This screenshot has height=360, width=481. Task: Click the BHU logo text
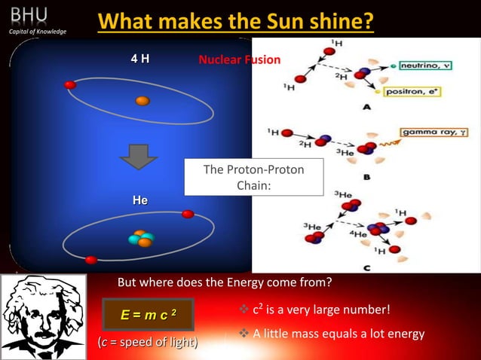click(x=29, y=14)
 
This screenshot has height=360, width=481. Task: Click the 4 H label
click(x=139, y=59)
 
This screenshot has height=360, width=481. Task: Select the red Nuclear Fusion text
click(x=239, y=59)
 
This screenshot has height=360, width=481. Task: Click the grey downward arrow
click(x=139, y=156)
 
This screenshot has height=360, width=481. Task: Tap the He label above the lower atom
click(x=139, y=200)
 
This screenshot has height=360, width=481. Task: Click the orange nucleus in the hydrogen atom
click(x=142, y=101)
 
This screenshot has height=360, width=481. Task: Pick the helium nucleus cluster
click(x=140, y=239)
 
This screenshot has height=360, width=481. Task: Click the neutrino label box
click(x=426, y=66)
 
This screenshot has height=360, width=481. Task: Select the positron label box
click(x=412, y=92)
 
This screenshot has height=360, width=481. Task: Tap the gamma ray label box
click(x=434, y=132)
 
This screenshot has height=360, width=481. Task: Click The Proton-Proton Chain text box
click(x=253, y=177)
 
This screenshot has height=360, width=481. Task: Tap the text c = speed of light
click(x=148, y=343)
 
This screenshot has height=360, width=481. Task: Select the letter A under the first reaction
click(x=367, y=108)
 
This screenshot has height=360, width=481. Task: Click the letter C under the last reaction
click(x=366, y=267)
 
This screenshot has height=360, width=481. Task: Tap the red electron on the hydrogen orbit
click(x=70, y=85)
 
